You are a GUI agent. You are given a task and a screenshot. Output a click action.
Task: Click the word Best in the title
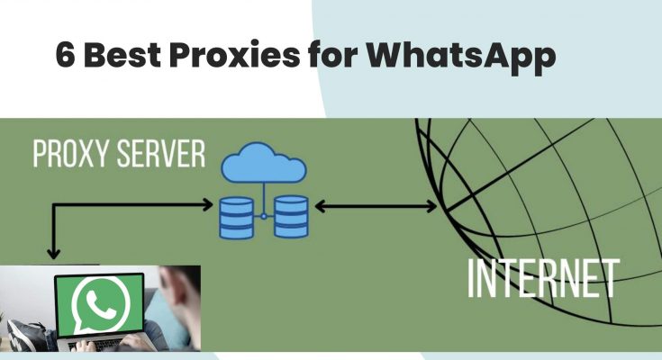pos(121,56)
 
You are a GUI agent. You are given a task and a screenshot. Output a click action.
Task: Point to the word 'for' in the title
pos(331,56)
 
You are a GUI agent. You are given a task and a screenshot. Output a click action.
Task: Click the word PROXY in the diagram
pos(73,154)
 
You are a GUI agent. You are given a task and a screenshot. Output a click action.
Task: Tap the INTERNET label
pos(542,278)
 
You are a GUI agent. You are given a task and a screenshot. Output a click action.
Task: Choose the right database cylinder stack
pos(291,218)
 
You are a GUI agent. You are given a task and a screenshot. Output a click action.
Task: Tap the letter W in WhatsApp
pos(389,56)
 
